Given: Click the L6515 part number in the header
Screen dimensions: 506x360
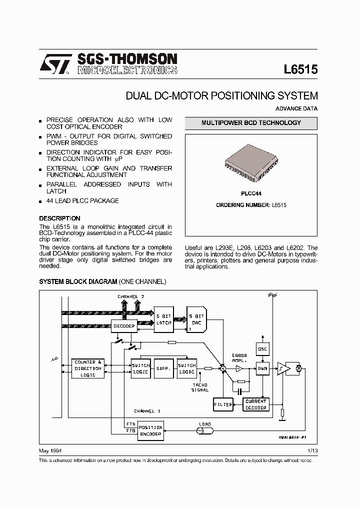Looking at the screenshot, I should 300,69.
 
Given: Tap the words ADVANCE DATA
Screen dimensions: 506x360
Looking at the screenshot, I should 296,108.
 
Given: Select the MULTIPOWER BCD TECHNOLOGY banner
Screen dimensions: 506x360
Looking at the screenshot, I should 251,123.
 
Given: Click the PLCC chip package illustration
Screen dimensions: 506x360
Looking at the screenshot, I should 251,161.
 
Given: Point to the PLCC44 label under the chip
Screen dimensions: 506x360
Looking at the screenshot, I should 251,193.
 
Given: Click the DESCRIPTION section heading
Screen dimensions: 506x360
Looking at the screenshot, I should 59,218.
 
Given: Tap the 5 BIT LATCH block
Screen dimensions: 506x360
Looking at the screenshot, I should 164,319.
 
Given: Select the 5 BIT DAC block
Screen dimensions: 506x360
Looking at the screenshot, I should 196,319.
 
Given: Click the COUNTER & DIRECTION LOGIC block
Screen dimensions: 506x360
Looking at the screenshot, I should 88,368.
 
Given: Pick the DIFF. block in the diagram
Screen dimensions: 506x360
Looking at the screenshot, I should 162,368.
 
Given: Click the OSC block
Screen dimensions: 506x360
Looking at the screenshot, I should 262,348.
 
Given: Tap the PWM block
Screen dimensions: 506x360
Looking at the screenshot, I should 262,369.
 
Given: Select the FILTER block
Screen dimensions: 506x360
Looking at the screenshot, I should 222,404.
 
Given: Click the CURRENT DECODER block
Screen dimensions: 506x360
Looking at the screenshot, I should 256,404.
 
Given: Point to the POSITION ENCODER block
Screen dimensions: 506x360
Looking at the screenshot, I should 150,431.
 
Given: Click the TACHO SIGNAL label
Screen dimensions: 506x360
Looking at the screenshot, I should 200,387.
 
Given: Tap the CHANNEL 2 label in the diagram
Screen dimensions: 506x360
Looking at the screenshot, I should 131,296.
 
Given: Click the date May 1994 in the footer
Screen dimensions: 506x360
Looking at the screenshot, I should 49,450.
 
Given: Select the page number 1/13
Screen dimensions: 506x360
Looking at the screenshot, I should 312,450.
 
